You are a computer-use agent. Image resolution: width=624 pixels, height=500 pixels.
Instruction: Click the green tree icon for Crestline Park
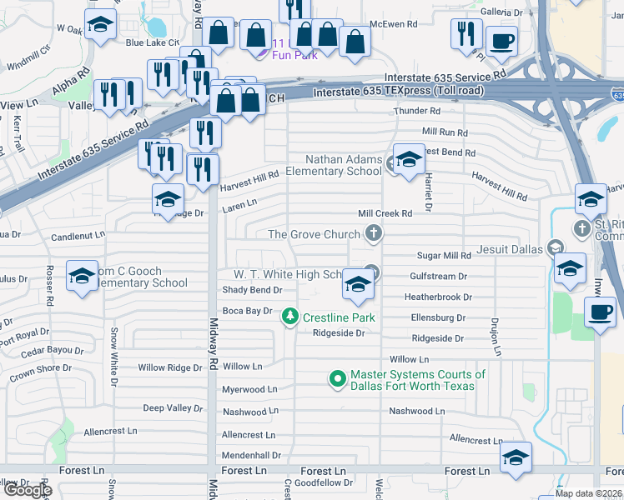(290, 317)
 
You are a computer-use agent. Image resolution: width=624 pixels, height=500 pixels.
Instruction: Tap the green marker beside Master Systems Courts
(338, 380)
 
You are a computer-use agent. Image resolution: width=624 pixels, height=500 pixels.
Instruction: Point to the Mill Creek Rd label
(385, 214)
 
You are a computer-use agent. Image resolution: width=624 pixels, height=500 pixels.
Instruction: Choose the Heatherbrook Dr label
(438, 297)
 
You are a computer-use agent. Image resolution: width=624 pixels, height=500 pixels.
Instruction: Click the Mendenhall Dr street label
(251, 456)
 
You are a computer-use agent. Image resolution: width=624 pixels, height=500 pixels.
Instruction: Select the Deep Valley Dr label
(172, 408)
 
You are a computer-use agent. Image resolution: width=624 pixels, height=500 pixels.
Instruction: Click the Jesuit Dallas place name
(509, 249)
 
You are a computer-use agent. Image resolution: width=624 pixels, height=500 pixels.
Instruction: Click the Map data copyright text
(587, 493)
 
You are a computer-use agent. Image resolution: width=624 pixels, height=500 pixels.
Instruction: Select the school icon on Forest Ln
(516, 457)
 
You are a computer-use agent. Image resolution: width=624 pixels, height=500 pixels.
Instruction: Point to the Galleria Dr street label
(500, 12)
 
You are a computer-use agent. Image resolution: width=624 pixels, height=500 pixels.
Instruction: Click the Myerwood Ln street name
(249, 389)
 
